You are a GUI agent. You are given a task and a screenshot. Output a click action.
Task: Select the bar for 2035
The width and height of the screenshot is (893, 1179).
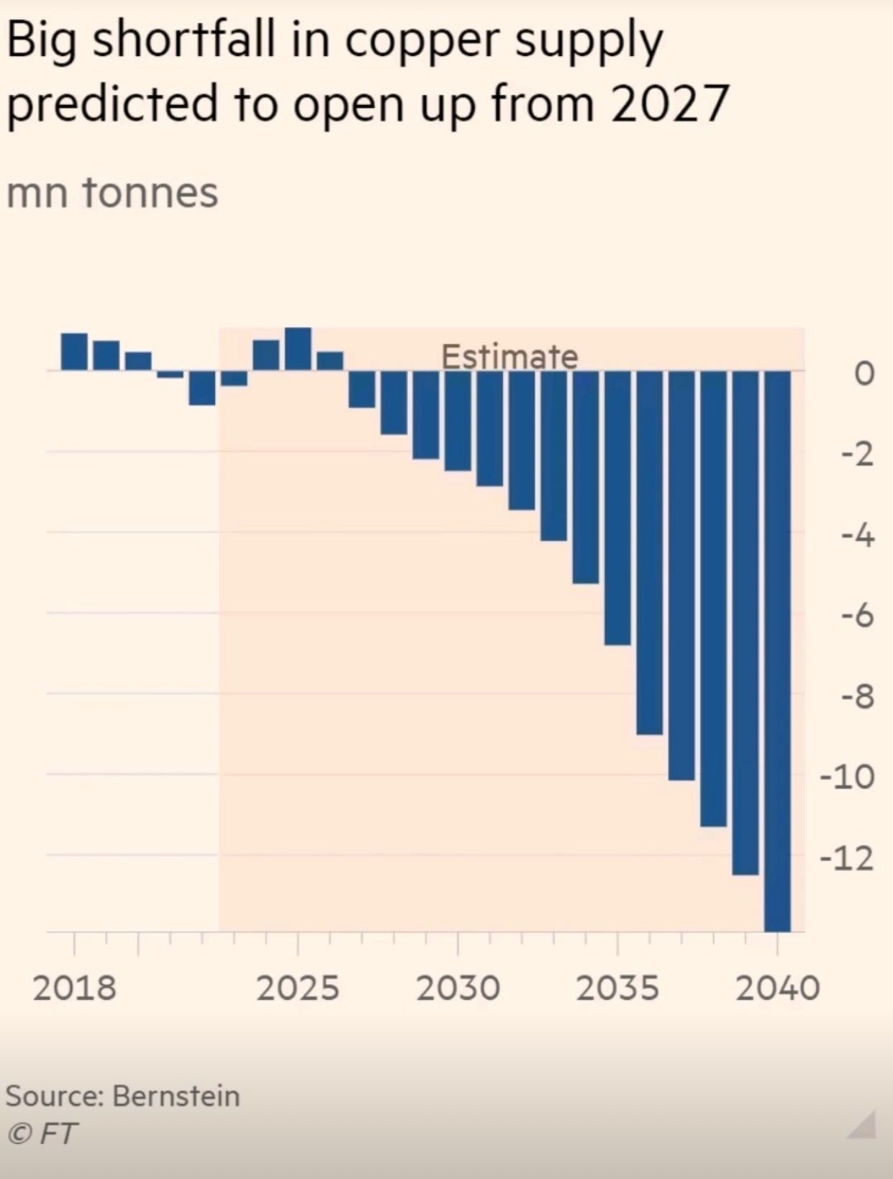pos(617,507)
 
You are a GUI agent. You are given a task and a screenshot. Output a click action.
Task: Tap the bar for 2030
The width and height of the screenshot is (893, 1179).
pos(458,420)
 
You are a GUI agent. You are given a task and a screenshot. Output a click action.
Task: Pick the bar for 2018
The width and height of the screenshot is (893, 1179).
pos(74,352)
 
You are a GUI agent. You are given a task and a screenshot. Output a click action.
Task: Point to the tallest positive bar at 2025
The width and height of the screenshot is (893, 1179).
pos(298,349)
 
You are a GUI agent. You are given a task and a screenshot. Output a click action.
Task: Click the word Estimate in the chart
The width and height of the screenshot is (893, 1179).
pos(509,356)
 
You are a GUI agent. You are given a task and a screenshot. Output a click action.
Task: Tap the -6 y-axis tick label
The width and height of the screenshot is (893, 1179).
pos(855,616)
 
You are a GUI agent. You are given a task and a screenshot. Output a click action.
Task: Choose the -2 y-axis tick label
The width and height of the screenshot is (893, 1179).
pos(855,454)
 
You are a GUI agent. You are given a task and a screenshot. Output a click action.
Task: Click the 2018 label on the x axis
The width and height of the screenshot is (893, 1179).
pos(74,988)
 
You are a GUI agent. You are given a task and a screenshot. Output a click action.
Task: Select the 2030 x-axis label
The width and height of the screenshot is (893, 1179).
pos(458,988)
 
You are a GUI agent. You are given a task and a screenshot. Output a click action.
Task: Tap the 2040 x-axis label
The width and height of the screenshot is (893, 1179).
pos(777,988)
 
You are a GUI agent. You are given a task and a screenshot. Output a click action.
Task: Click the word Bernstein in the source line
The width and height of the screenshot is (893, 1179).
pos(176,1096)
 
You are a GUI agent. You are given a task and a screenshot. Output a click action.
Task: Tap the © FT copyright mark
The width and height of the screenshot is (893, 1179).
pos(41,1134)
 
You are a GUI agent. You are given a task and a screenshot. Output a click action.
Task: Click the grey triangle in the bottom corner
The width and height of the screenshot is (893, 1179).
pos(863,1128)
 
